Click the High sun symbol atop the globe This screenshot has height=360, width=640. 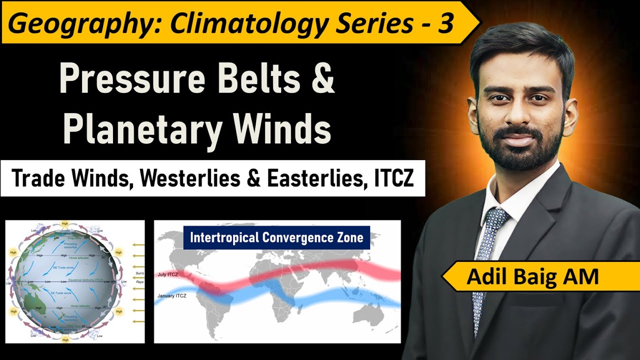tap(64, 223)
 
